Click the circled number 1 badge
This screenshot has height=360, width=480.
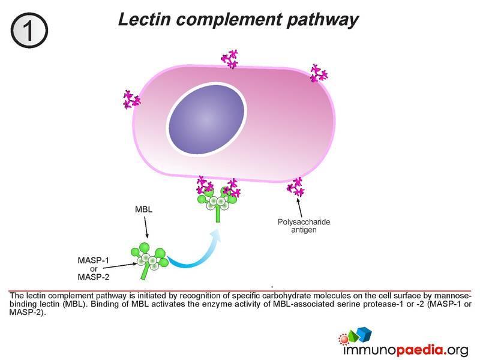(29, 28)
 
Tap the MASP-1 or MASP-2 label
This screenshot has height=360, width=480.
(95, 268)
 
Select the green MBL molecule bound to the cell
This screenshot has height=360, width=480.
(217, 202)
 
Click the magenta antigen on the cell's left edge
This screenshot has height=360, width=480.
(130, 100)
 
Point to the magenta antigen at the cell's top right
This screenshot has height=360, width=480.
(319, 73)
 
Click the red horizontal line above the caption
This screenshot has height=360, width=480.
(240, 290)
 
